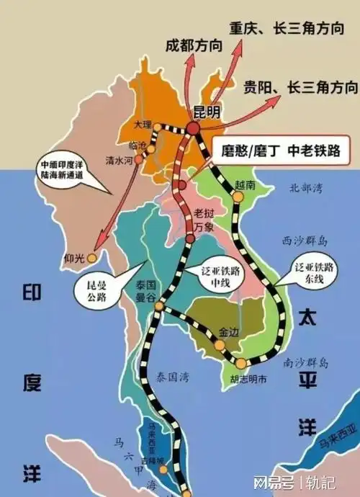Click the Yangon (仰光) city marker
pos(91,258)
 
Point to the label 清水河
pos(118,161)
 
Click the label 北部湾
pos(303,188)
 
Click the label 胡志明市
pos(248,378)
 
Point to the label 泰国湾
pos(174,375)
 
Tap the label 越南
pos(245,185)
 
